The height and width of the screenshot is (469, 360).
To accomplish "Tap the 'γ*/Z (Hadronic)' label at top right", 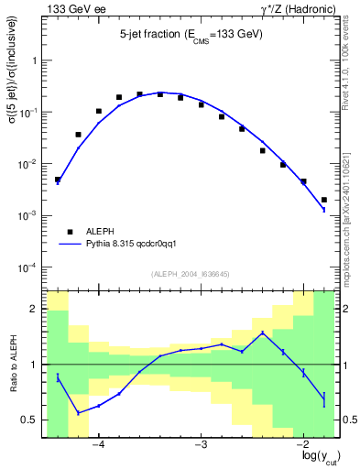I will (296, 9).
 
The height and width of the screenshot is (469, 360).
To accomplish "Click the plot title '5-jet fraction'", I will (191, 35).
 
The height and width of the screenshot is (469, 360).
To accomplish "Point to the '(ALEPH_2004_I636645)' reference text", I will (191, 273).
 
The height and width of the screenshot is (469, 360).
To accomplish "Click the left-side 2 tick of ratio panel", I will (37, 310).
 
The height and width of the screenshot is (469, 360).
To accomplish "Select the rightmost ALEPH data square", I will (324, 200).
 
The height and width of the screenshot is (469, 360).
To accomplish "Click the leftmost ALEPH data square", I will (58, 180).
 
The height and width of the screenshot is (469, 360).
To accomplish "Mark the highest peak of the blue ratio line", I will (263, 333).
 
